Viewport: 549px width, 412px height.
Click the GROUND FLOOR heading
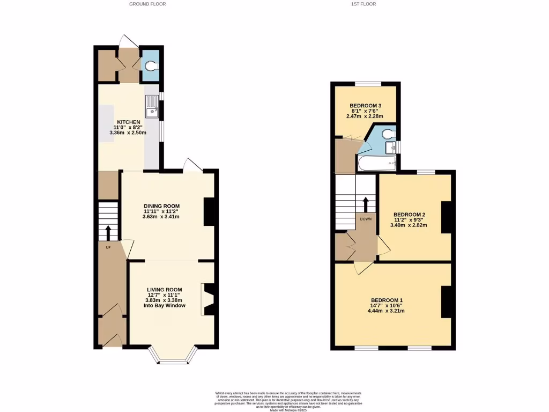point(147,4)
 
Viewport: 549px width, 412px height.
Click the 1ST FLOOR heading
point(364,4)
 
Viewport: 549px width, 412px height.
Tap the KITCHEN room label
point(128,122)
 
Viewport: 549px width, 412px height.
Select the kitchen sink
point(152,106)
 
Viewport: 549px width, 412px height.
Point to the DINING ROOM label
point(161,206)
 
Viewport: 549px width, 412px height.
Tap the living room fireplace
point(207,299)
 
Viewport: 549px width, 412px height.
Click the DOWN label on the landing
point(366,219)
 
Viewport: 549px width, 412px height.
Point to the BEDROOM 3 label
point(365,105)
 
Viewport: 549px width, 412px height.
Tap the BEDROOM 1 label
point(387,300)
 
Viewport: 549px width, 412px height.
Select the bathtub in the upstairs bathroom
point(376,165)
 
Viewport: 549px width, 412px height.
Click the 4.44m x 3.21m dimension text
point(387,311)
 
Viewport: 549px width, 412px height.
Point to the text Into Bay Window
point(165,306)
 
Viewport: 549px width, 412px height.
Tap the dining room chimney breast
point(209,211)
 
